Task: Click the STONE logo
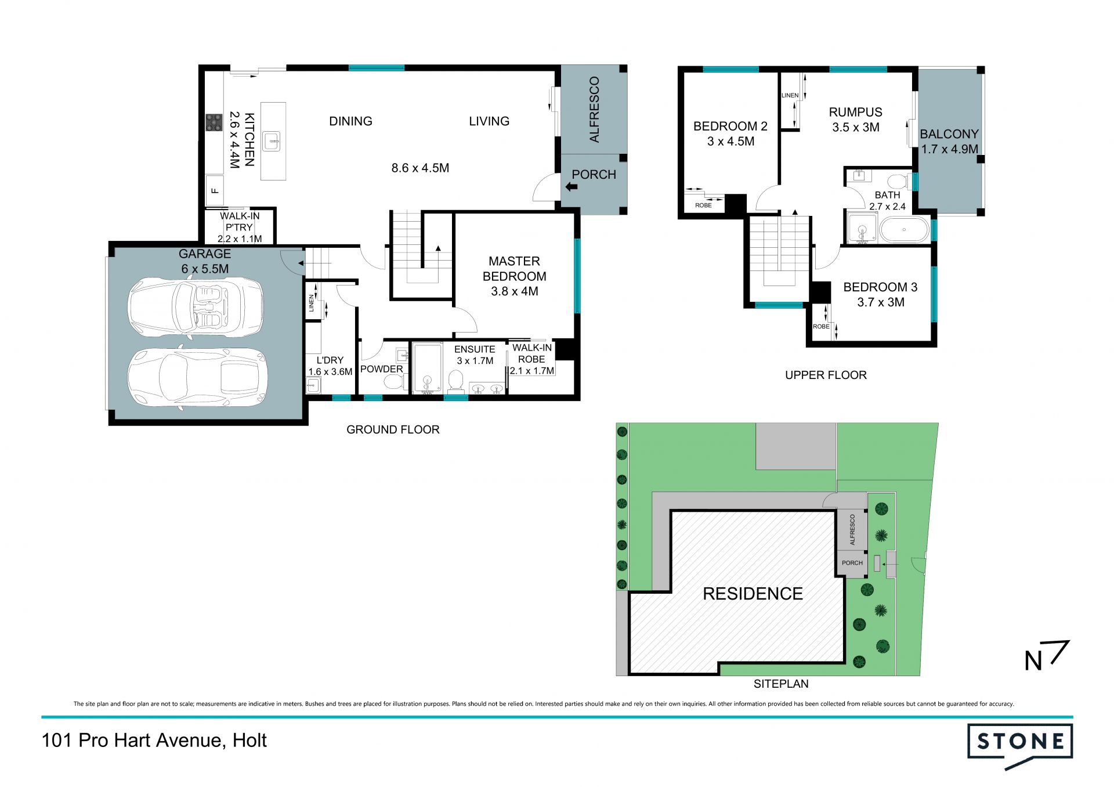click(x=1020, y=745)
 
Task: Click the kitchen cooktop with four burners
click(x=214, y=122)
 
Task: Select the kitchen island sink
click(x=271, y=141)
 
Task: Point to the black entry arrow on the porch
click(x=571, y=187)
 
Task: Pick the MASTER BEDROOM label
click(x=514, y=269)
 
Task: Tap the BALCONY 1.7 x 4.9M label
click(x=949, y=142)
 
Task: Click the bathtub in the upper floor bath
click(x=904, y=230)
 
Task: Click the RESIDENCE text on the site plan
click(x=753, y=594)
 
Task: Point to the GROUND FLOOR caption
click(x=393, y=429)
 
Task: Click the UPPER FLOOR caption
click(x=826, y=375)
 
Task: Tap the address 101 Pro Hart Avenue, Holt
click(x=154, y=741)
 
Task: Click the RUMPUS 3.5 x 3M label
click(x=855, y=120)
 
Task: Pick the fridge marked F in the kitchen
click(x=215, y=190)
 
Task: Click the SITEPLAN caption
click(x=781, y=684)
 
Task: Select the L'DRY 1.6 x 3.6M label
click(x=330, y=366)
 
